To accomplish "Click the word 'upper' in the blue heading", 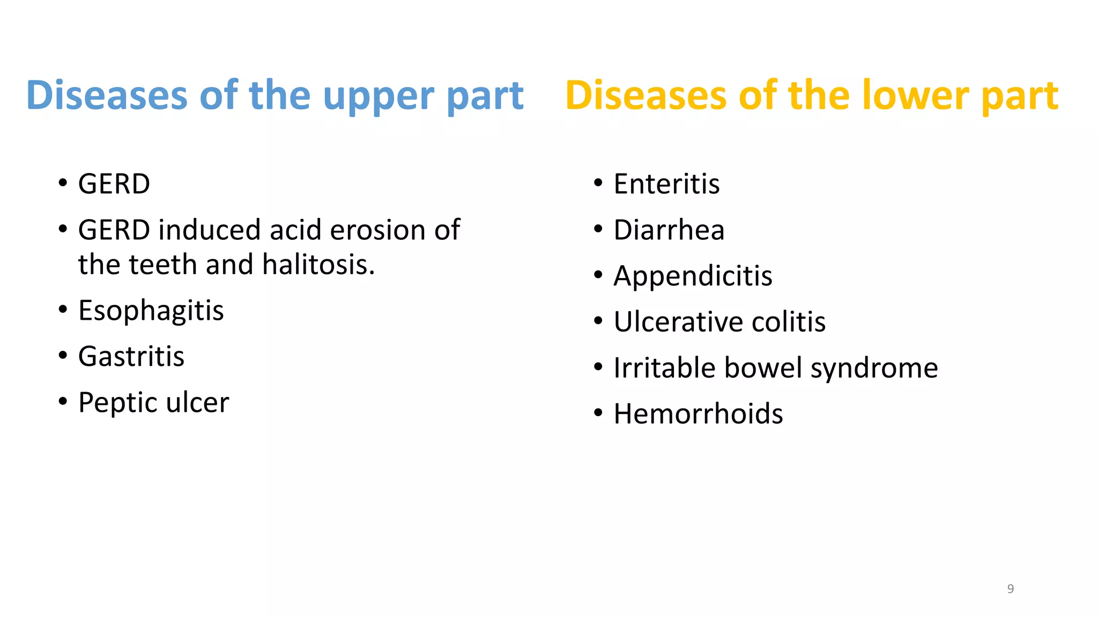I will pyautogui.click(x=379, y=96).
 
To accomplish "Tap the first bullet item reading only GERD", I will pyautogui.click(x=114, y=184).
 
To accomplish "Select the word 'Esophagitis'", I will pyautogui.click(x=151, y=311).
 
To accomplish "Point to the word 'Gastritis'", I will pyautogui.click(x=131, y=357).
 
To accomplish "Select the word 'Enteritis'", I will pyautogui.click(x=666, y=184).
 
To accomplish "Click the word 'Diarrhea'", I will pyautogui.click(x=669, y=230).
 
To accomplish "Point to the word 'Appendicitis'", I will pyautogui.click(x=693, y=276).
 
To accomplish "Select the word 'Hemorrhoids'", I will pyautogui.click(x=698, y=414).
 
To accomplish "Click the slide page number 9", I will pyautogui.click(x=1010, y=589).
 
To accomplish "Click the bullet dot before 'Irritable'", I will pyautogui.click(x=598, y=367).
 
